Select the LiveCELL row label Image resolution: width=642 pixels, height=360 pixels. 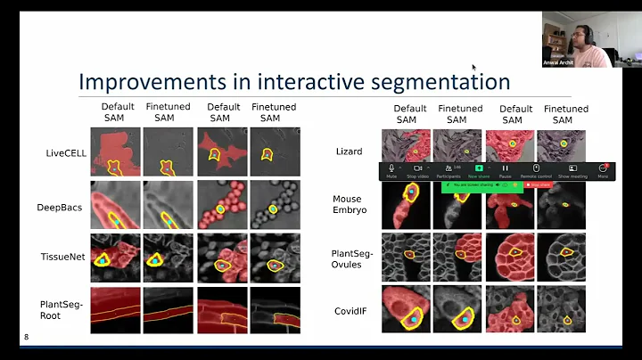[64, 152]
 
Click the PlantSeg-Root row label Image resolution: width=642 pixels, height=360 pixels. [63, 309]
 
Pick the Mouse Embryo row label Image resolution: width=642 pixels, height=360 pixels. [348, 204]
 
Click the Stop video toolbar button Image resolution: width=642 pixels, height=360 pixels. [415, 170]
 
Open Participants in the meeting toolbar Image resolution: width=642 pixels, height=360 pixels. [448, 170]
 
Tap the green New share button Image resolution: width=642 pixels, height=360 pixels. [478, 170]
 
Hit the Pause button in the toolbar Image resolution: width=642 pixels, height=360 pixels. [505, 170]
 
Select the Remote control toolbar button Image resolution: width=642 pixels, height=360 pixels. [536, 170]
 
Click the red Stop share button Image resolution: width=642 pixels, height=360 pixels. [539, 184]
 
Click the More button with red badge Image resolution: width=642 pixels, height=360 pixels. [603, 170]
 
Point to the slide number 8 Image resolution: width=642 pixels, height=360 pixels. [25, 337]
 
